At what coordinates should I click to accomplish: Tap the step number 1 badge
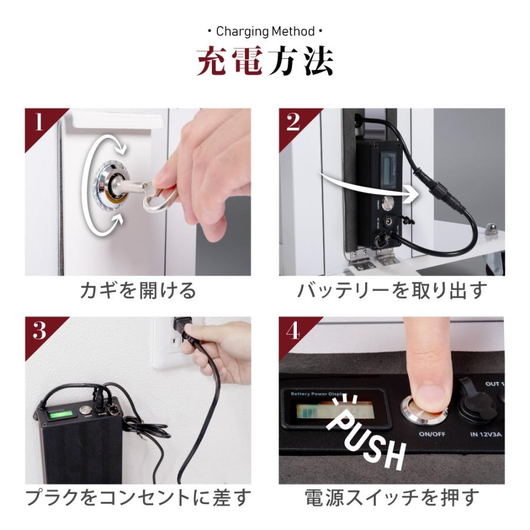click(x=39, y=123)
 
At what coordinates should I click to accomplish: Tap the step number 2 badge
click(x=293, y=123)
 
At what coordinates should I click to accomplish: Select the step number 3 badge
click(x=39, y=332)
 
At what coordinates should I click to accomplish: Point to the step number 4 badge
click(x=293, y=332)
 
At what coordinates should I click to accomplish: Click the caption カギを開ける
click(x=138, y=290)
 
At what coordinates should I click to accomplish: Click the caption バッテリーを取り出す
click(x=392, y=290)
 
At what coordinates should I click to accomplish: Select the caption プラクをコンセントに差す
click(x=138, y=498)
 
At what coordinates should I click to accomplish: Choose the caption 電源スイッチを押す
click(x=392, y=498)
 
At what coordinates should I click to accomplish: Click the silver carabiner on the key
click(x=160, y=197)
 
